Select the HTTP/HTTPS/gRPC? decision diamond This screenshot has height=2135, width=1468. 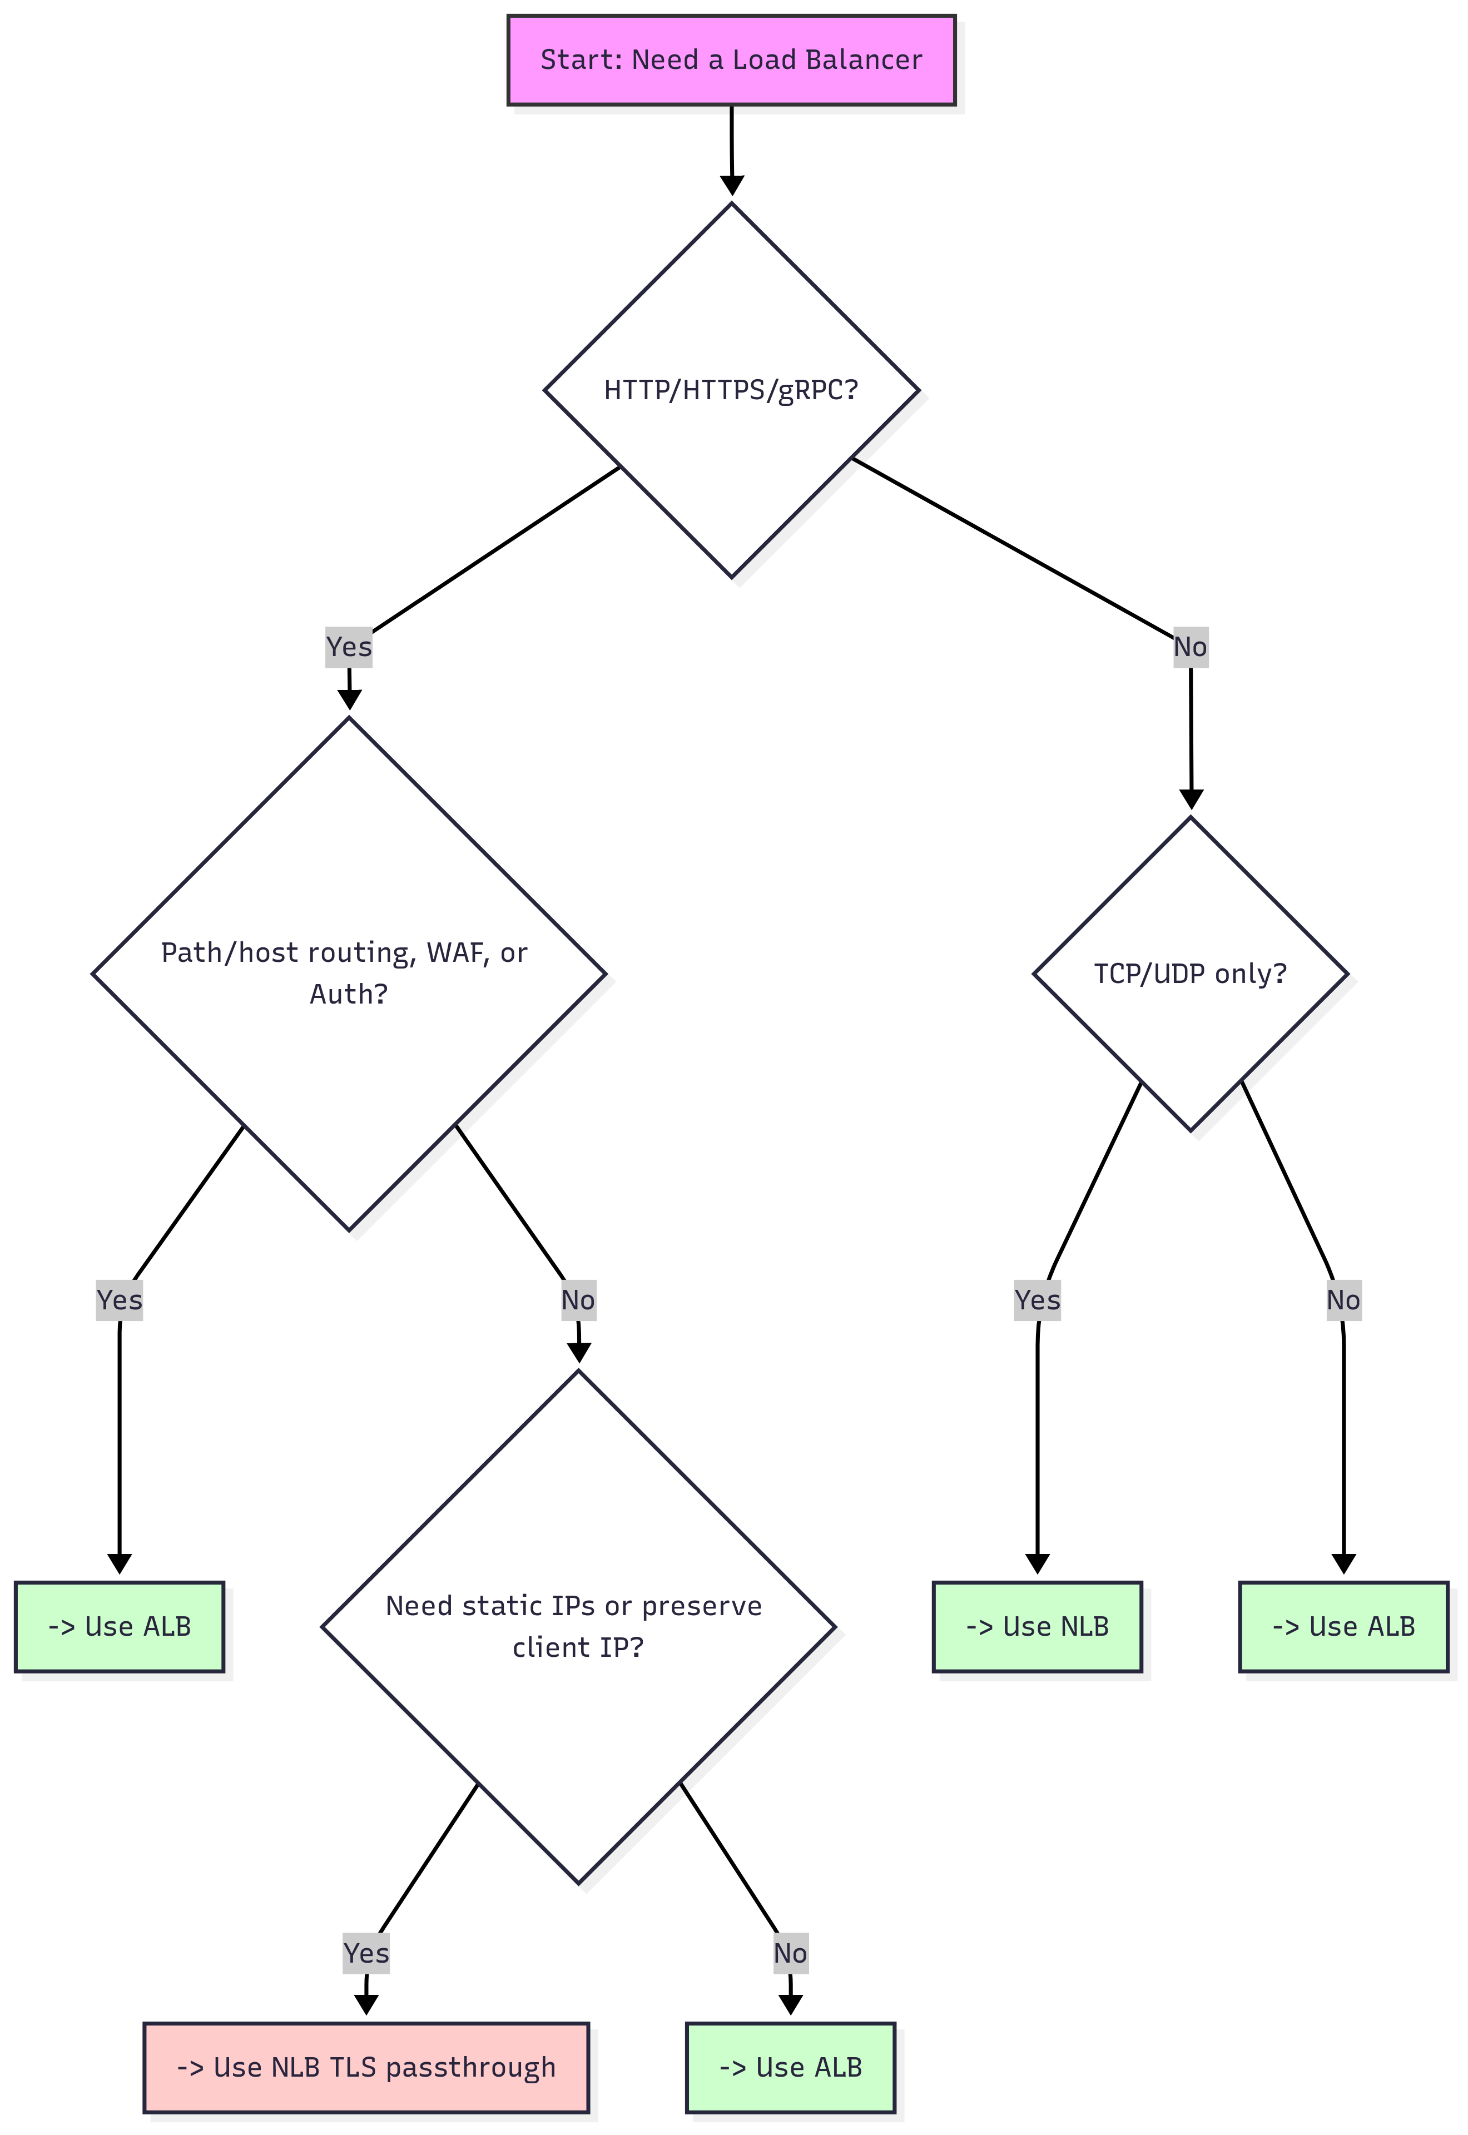coord(731,390)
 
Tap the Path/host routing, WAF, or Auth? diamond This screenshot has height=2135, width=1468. coord(349,973)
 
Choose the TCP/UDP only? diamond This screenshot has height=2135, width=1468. coord(1190,974)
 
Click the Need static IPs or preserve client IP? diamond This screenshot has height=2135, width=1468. coord(578,1626)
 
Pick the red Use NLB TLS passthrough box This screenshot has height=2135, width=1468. coord(366,2067)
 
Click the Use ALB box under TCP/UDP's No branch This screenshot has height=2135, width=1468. coord(1343,1626)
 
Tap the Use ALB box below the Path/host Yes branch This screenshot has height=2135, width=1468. coord(120,1626)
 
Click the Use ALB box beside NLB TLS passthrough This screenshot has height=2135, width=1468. coord(790,2067)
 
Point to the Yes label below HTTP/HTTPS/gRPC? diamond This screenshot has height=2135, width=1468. coord(349,647)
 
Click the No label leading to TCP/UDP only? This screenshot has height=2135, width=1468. coord(1190,647)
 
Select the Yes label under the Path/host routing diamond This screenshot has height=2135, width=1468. coord(120,1300)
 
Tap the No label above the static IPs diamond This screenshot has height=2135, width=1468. coord(578,1300)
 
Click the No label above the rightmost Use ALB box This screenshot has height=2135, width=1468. coord(1343,1300)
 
